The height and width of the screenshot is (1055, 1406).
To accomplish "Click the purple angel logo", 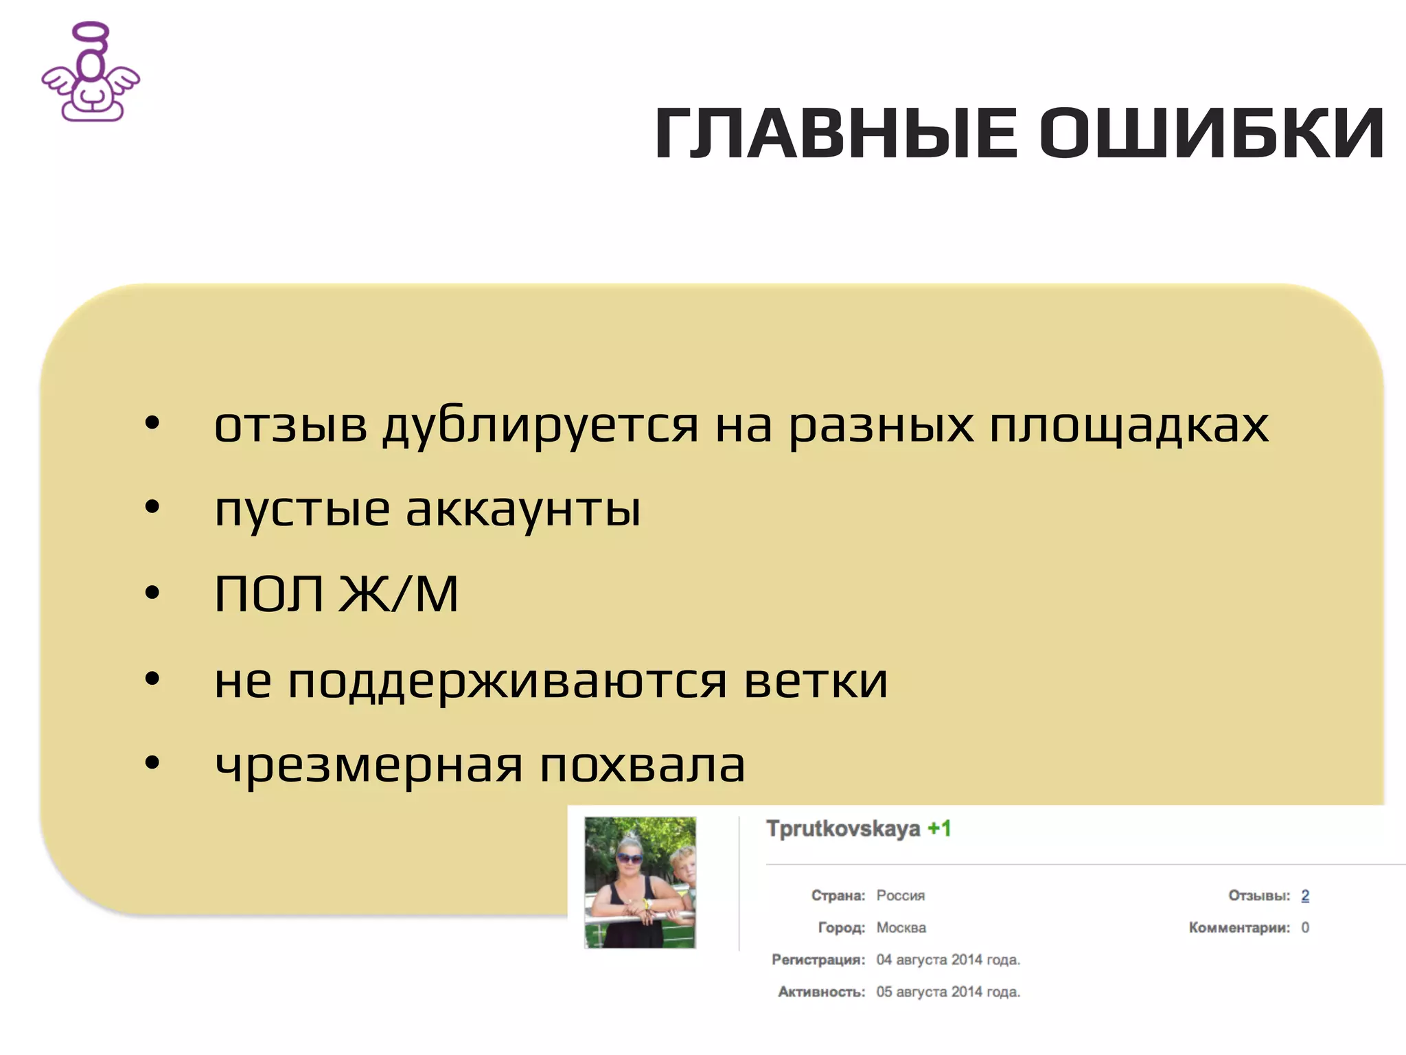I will [91, 73].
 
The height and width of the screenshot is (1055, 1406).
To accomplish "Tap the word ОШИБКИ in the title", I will [1212, 134].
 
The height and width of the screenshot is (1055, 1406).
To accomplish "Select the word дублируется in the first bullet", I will [540, 426].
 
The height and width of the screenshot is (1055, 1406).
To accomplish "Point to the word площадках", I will [1129, 426].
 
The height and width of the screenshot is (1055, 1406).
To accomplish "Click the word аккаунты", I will [523, 510].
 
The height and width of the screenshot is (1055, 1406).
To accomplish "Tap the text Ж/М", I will [398, 594].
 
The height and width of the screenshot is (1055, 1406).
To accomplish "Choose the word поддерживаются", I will [507, 681].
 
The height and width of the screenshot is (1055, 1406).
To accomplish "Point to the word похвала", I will [642, 765].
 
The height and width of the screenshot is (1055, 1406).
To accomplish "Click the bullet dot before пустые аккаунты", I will [152, 508].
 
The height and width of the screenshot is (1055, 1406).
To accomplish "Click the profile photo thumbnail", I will [640, 883].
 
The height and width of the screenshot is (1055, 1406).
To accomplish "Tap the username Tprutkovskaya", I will [843, 829].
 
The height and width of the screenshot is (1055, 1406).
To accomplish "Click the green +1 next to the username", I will [939, 829].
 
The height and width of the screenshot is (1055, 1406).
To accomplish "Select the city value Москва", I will [901, 928].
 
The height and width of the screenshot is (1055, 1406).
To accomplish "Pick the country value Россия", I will [900, 896].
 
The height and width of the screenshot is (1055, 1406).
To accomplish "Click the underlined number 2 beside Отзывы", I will [1305, 896].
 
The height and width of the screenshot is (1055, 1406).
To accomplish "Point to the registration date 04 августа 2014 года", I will [948, 960].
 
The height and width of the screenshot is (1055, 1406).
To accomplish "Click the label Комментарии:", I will [1239, 928].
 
